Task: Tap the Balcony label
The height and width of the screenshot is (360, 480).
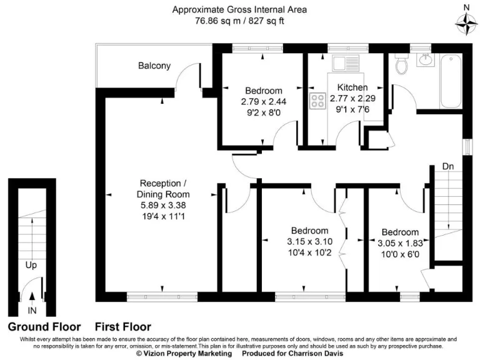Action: (x=154, y=66)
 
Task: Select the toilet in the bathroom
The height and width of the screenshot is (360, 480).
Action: (x=401, y=64)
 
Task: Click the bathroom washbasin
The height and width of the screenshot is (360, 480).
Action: (x=425, y=59)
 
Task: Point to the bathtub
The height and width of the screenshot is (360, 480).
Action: (x=451, y=81)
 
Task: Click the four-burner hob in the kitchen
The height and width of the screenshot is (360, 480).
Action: (x=317, y=101)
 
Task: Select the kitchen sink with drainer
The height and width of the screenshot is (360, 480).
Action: (x=346, y=64)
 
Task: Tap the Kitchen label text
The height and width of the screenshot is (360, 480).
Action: (x=352, y=87)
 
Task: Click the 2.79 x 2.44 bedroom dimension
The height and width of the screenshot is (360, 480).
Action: (x=264, y=102)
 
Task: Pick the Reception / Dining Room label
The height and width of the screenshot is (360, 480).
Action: (x=163, y=189)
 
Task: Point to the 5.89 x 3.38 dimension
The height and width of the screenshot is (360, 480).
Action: (x=163, y=205)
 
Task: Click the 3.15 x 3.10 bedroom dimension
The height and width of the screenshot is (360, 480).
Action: (x=310, y=241)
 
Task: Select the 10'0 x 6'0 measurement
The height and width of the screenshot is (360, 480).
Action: (x=400, y=254)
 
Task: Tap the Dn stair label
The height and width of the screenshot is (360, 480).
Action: (x=448, y=166)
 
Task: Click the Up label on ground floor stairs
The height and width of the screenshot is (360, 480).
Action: (x=31, y=265)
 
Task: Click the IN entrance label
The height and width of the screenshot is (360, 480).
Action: (x=32, y=311)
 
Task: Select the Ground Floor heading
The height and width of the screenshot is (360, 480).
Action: (x=44, y=327)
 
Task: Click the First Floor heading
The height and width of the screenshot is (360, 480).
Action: (x=123, y=327)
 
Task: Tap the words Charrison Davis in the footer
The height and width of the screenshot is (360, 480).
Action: (x=316, y=354)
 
